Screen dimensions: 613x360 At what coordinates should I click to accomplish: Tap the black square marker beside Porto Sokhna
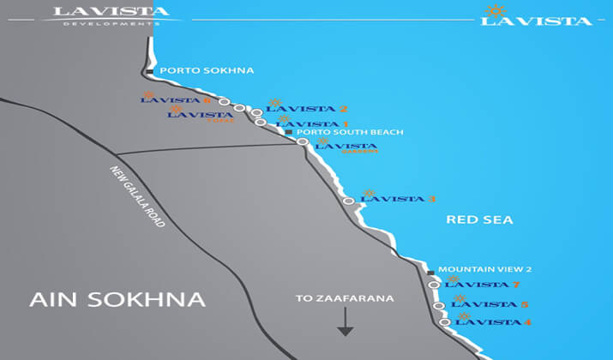coord(150,71)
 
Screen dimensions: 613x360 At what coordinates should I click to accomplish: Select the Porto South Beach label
coord(347,132)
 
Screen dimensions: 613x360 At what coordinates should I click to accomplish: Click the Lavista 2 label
coord(306,109)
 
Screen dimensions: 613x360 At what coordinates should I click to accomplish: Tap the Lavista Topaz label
coord(201,115)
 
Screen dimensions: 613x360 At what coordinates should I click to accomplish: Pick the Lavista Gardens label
coord(347,147)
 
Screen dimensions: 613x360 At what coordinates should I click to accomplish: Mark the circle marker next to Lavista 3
coord(348,201)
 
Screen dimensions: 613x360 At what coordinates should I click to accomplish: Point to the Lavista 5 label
coord(490,304)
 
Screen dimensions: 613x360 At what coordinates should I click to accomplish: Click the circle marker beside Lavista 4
coord(445,322)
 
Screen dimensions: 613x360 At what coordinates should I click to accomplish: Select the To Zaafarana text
coord(344,298)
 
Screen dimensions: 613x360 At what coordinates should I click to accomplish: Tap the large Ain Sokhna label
coord(117,299)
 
